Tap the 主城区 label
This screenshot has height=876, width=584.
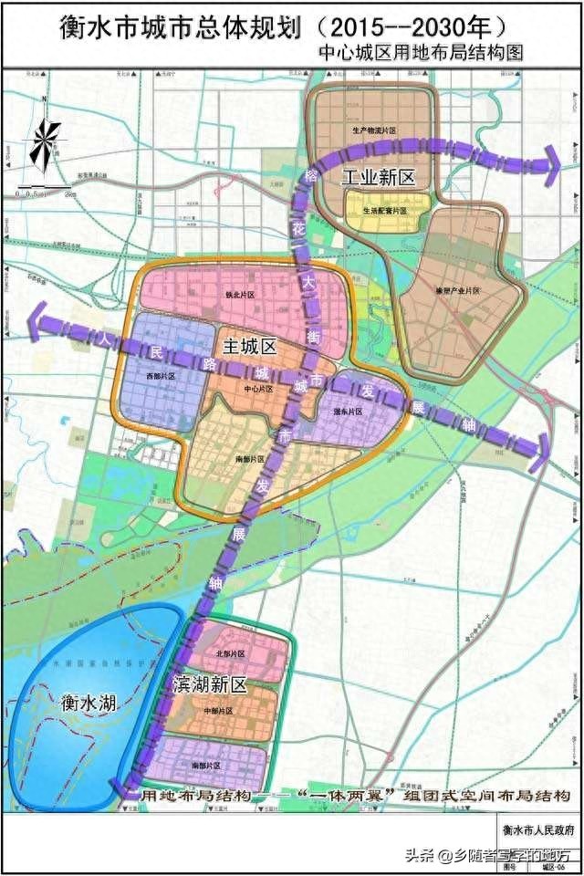248,347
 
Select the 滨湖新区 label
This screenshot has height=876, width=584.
209,683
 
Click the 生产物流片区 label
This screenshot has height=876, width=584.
374,131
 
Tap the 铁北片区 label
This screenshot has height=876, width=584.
238,296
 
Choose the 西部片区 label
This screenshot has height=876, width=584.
159,375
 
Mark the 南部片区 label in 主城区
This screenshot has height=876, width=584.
248,458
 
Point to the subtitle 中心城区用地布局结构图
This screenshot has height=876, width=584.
421,54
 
